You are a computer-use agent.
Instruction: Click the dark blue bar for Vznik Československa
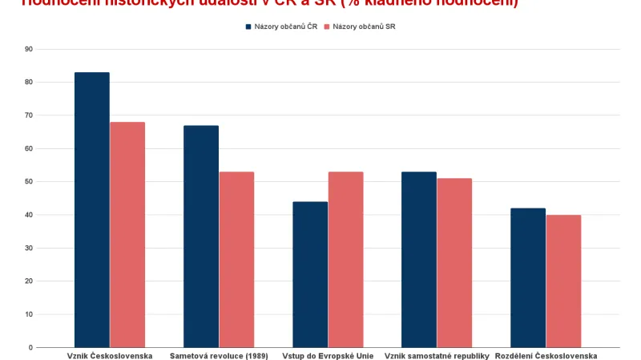pyautogui.click(x=92, y=210)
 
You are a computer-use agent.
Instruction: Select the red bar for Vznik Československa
pyautogui.click(x=127, y=235)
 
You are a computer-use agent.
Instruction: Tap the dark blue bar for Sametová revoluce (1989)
pyautogui.click(x=201, y=237)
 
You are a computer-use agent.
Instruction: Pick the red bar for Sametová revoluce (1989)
pyautogui.click(x=236, y=260)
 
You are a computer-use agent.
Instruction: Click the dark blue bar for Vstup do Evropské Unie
pyautogui.click(x=310, y=274)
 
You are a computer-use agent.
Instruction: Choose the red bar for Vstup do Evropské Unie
pyautogui.click(x=345, y=260)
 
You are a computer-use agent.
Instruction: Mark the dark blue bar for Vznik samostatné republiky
pyautogui.click(x=419, y=260)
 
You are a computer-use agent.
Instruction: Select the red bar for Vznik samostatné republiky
pyautogui.click(x=454, y=263)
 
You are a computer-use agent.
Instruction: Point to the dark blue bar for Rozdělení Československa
pyautogui.click(x=528, y=277)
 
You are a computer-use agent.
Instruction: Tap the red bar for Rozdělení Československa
pyautogui.click(x=563, y=281)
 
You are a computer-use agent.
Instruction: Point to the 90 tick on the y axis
pyautogui.click(x=29, y=49)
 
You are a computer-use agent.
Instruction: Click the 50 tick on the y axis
pyautogui.click(x=29, y=182)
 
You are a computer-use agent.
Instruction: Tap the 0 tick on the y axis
pyautogui.click(x=30, y=348)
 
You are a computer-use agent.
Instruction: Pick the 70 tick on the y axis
pyautogui.click(x=29, y=115)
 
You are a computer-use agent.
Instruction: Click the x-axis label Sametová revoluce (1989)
pyautogui.click(x=219, y=355)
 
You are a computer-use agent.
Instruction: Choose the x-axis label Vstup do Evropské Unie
pyautogui.click(x=328, y=355)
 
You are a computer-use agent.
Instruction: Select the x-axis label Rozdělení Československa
pyautogui.click(x=546, y=355)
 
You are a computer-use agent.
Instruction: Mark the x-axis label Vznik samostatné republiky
pyautogui.click(x=437, y=355)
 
